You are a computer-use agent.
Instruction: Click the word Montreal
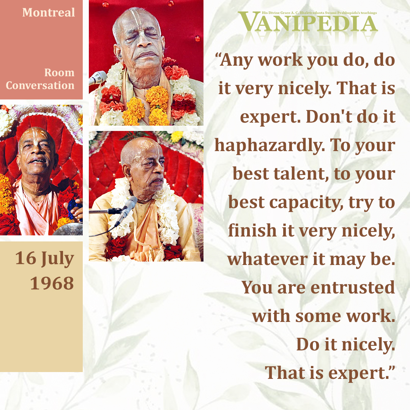49,13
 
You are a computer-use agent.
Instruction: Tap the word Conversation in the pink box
40,85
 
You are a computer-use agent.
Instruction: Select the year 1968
52,283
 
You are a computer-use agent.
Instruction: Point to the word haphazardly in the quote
270,145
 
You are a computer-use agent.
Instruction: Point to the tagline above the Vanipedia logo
319,13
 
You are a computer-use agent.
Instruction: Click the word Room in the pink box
59,73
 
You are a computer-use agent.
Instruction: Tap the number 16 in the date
26,258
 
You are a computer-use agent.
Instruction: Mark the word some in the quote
318,316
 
